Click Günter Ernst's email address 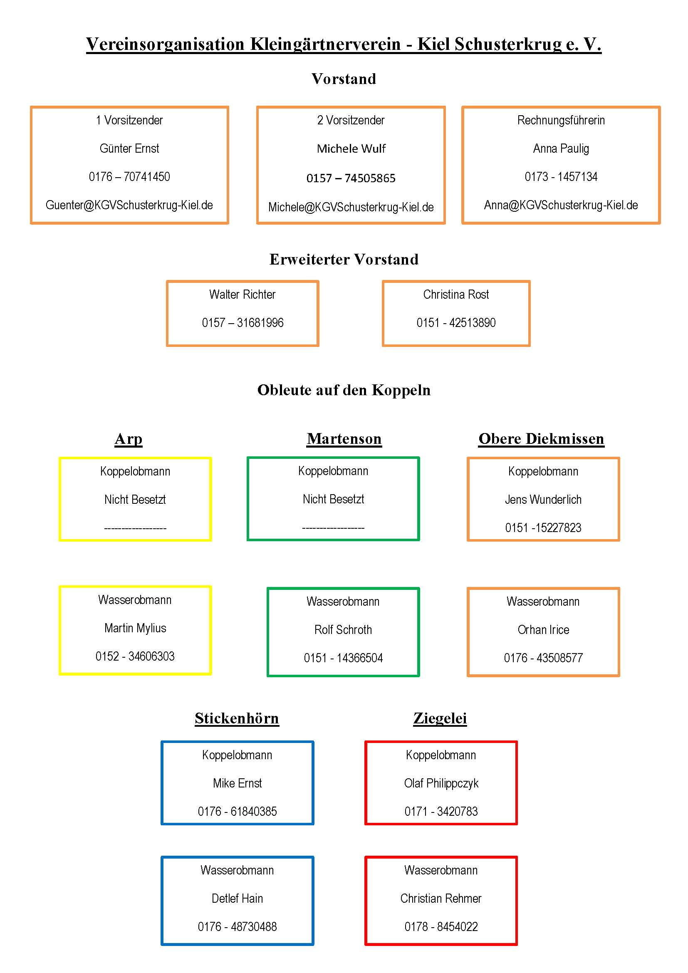pos(129,205)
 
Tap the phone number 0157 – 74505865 pos(351,178)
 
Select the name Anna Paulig pos(561,149)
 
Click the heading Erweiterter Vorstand pos(344,259)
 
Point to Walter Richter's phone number pos(243,323)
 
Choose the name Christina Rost pos(456,295)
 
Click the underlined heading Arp pos(129,439)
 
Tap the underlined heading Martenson pos(344,439)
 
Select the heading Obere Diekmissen pos(542,439)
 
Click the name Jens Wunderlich pos(543,500)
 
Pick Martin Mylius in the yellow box pos(135,628)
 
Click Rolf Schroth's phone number pos(343,658)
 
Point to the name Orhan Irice pos(543,630)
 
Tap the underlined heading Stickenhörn pos(237,718)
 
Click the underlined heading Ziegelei pos(440,718)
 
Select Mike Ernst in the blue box pos(237,783)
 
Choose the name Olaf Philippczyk pos(441,784)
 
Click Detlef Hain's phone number pos(237,927)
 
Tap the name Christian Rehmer pos(441,899)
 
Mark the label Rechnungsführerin pos(561,120)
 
